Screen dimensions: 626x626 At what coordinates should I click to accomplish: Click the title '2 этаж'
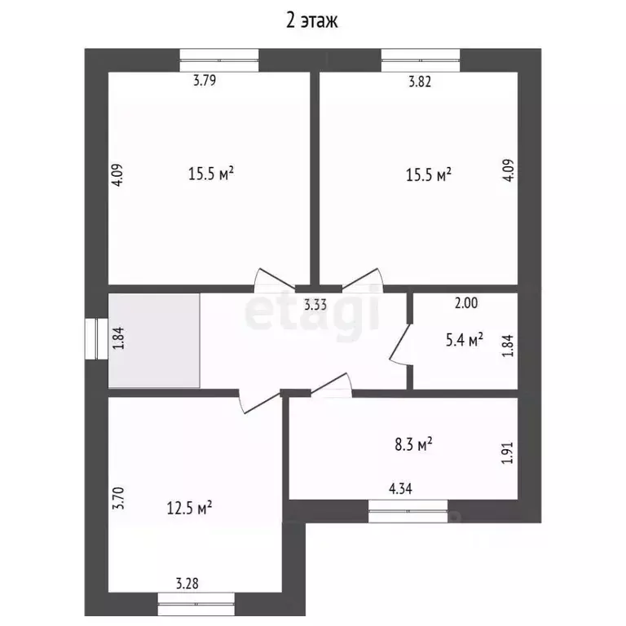point(312,21)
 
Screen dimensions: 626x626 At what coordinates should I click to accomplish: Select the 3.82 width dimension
point(418,81)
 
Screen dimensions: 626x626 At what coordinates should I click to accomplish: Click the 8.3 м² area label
point(413,444)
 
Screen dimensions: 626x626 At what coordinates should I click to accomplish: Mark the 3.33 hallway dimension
point(316,306)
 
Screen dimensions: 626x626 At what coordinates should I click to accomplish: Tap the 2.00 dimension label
point(466,304)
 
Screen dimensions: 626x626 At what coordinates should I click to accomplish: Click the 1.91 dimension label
point(508,454)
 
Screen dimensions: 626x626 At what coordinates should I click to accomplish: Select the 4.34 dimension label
point(400,489)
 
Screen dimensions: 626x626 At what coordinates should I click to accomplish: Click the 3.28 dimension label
point(188,583)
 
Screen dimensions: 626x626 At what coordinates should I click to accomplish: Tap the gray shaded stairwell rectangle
point(154,341)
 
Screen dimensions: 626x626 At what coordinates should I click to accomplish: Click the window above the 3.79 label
point(218,60)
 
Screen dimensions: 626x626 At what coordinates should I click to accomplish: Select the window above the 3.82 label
point(420,60)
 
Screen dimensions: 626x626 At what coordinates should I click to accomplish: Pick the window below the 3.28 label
point(196,604)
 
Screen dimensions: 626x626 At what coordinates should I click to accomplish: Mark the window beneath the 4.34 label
point(408,510)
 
